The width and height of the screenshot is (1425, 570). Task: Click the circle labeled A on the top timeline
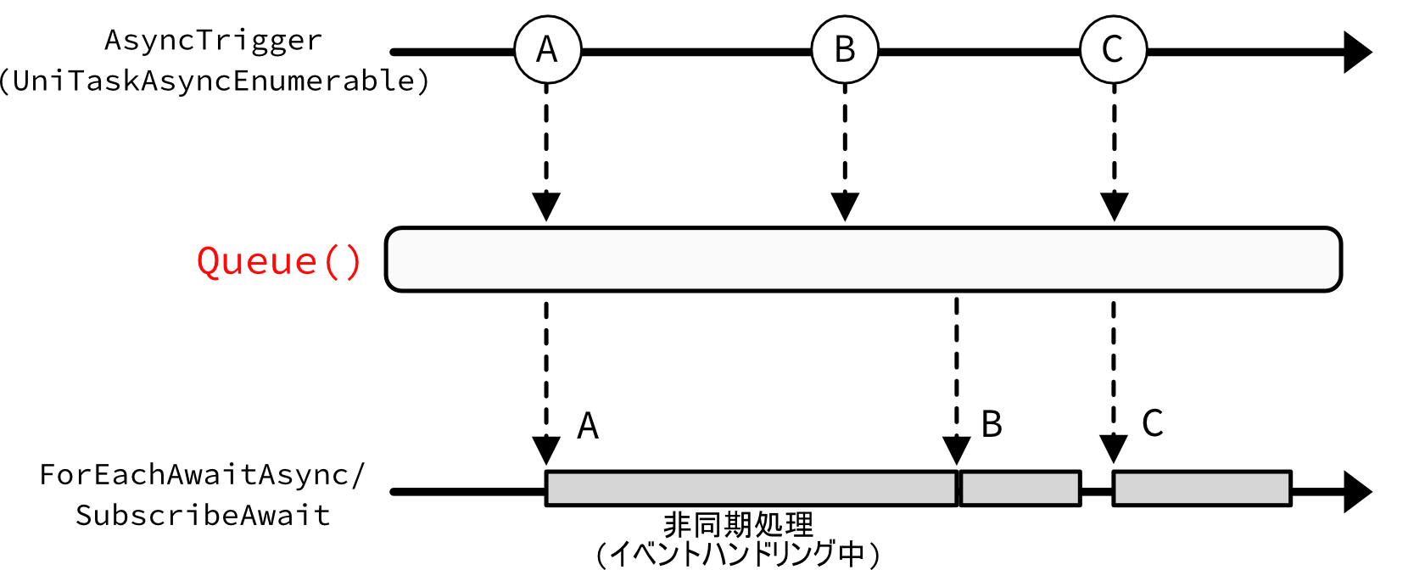547,49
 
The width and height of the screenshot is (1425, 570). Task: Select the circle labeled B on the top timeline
845,49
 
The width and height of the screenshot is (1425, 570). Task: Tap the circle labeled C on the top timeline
1113,49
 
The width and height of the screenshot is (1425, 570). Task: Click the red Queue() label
279,261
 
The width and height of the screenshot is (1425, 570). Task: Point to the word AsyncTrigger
214,40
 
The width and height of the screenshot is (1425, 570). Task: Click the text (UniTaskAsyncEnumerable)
214,81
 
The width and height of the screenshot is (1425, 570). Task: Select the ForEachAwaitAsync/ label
202,475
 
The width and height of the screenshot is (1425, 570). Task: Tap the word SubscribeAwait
203,516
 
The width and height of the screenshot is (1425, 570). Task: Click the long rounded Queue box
863,260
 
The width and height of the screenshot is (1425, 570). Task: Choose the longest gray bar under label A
751,489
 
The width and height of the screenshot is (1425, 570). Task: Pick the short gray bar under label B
1020,489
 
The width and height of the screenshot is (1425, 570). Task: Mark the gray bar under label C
1202,489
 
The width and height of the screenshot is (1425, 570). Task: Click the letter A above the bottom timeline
588,426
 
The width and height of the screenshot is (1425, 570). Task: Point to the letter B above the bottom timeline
992,424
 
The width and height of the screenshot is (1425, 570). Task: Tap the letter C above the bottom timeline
1152,422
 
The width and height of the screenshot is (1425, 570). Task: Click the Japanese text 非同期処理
738,525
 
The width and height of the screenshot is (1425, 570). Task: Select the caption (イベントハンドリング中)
738,554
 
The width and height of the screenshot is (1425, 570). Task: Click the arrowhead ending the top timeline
1357,52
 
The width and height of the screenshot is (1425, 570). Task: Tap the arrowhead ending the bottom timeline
1357,492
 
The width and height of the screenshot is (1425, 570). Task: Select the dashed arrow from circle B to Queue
845,153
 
